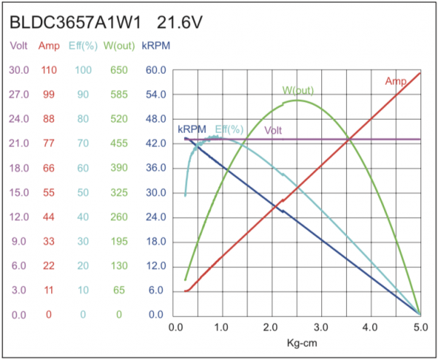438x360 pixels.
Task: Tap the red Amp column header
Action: [x=49, y=46]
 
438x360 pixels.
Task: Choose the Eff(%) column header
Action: [x=82, y=46]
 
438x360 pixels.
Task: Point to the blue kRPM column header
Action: [x=157, y=46]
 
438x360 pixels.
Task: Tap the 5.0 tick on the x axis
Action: [x=420, y=328]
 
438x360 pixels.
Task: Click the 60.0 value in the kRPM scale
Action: [x=157, y=70]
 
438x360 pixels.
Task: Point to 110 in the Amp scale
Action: [x=49, y=70]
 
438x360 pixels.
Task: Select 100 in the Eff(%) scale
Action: [x=83, y=70]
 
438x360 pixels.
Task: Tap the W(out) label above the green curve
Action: [x=298, y=91]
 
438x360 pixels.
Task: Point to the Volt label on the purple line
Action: [x=274, y=131]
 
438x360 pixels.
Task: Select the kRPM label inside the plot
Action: [x=192, y=129]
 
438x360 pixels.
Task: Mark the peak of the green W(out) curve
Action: [x=297, y=100]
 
